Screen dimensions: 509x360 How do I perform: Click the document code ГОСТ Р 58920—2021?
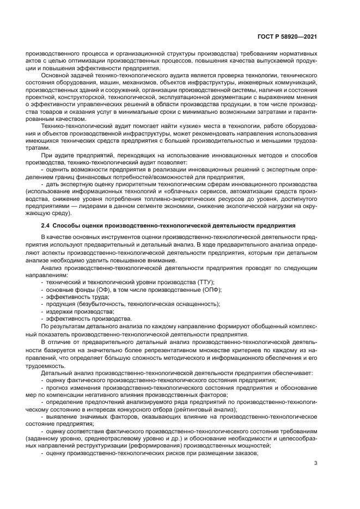click(287, 36)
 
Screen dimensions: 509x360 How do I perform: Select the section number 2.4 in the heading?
click(46, 225)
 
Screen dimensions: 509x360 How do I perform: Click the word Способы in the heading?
click(68, 225)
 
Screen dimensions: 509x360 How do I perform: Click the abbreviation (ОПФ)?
click(211, 290)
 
